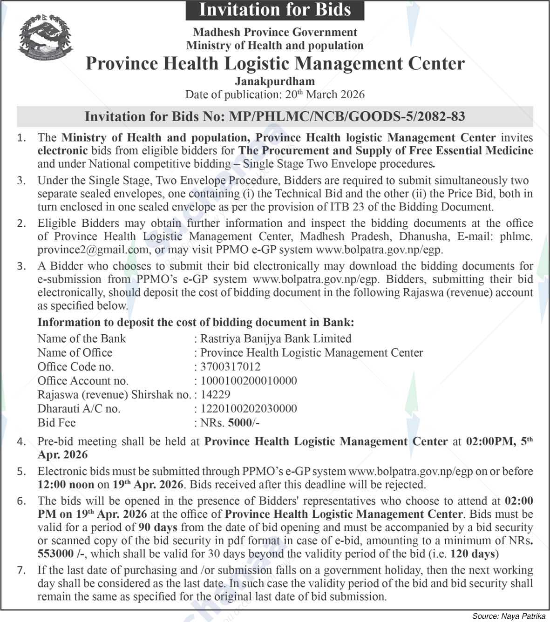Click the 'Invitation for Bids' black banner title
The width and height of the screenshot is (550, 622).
coord(275,10)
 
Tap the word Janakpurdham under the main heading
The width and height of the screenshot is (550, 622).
coord(275,81)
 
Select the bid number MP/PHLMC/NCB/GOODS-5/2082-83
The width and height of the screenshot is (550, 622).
coord(346,116)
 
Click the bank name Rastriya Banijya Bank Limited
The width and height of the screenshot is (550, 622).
coord(275,338)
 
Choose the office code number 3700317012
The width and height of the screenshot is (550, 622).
coord(230,367)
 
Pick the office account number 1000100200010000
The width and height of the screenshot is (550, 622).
coord(248,381)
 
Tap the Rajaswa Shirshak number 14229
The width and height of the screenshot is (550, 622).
coord(215,395)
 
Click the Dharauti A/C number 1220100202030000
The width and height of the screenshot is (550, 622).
coord(248,409)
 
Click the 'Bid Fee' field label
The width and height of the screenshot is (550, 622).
coord(56,423)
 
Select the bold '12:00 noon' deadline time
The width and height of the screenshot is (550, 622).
coord(66,485)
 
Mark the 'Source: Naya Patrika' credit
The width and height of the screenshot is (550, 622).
coord(509,616)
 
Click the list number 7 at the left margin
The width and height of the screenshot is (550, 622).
coord(21,570)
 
